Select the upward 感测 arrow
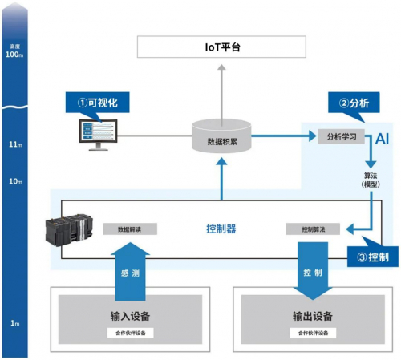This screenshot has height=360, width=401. (x=129, y=270)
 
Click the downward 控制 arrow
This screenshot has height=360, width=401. (x=313, y=270)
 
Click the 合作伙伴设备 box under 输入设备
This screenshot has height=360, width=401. (x=129, y=333)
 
